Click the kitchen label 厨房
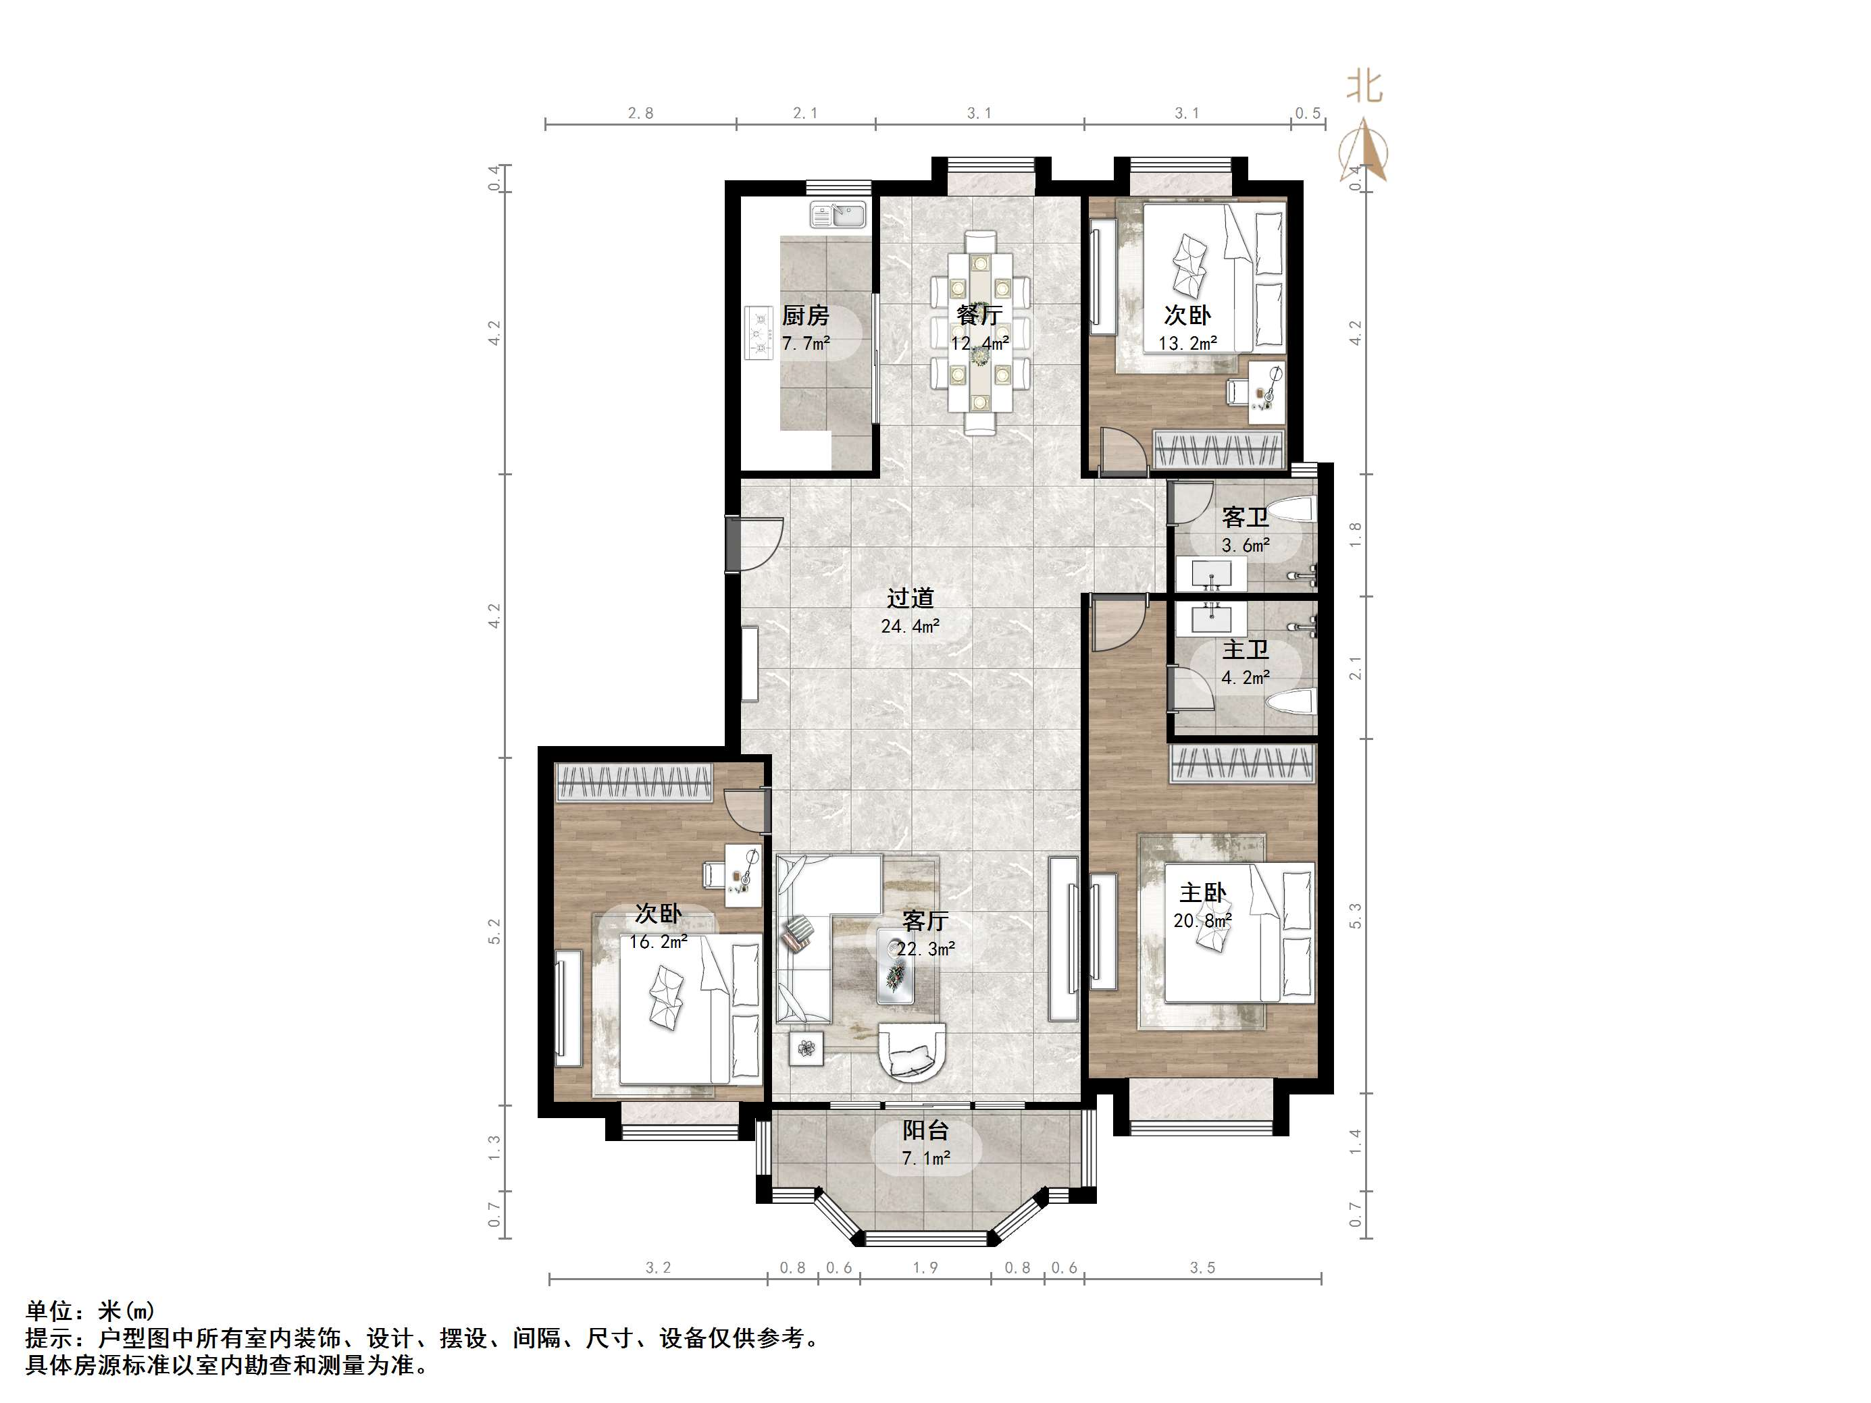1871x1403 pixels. pos(805,315)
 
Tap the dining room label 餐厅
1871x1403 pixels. pos(979,315)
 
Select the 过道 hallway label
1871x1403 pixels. pos(910,598)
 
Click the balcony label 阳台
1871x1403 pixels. pos(925,1130)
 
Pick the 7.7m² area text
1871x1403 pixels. pos(805,344)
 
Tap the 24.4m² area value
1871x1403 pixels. pos(910,626)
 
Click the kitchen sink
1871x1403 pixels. pos(838,215)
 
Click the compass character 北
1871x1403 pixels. pos(1364,86)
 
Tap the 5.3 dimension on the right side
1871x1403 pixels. pos(1356,916)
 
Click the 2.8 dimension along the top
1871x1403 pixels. pos(641,113)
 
